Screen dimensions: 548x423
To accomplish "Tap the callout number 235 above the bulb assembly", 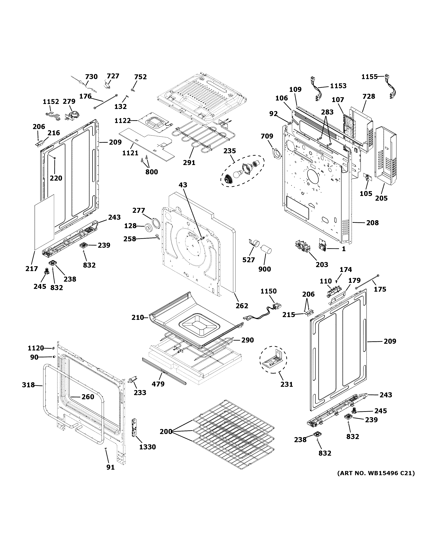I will [229, 151].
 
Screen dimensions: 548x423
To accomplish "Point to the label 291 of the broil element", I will [189, 163].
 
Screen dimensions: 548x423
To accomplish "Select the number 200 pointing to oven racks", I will [166, 432].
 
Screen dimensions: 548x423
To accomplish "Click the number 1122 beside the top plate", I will [123, 121].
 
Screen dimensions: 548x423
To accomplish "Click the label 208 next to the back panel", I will [372, 223].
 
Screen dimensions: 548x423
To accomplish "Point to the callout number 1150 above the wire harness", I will [268, 291].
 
